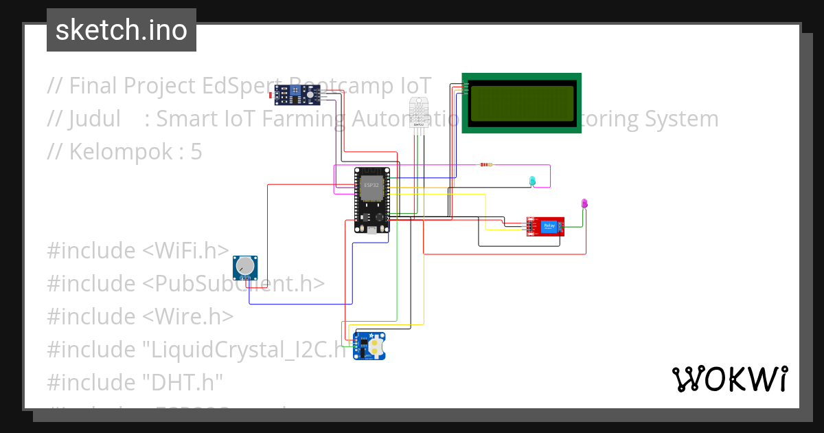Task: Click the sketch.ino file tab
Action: tap(122, 30)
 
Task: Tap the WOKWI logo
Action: tap(729, 379)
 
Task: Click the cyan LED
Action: tap(532, 181)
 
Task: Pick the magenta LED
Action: tap(584, 203)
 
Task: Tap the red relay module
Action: tap(546, 226)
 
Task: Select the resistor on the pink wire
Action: tap(486, 165)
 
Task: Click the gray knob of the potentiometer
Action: tap(244, 265)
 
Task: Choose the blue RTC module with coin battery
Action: tap(369, 346)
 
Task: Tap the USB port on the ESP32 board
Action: tap(371, 230)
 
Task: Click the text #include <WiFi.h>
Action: tap(138, 251)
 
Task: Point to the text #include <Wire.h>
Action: tap(140, 317)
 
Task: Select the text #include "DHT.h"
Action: tap(135, 382)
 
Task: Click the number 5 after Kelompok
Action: tap(196, 152)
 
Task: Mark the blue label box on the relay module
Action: tap(549, 225)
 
